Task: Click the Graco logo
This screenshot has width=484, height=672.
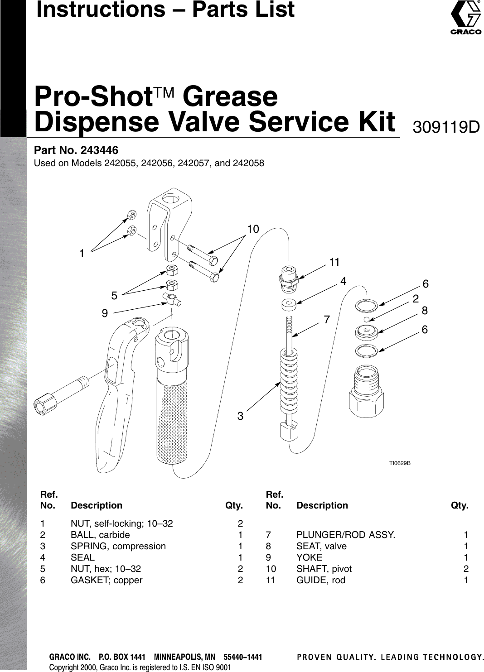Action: [x=465, y=18]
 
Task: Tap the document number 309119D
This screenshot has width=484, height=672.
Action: [x=446, y=127]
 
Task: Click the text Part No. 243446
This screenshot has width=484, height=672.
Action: [x=76, y=150]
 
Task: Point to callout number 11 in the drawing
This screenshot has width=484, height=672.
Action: [x=334, y=262]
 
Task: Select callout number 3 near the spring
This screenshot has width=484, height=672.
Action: [x=241, y=416]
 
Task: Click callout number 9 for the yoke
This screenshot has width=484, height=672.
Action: [x=105, y=313]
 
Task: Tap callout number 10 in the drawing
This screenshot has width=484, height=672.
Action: [x=253, y=230]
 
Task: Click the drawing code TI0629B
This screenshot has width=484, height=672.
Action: [x=400, y=463]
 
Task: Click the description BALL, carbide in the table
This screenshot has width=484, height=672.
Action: [x=100, y=535]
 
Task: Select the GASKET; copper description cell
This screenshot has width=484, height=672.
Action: [x=106, y=580]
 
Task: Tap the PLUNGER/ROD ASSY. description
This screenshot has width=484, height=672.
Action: [x=346, y=535]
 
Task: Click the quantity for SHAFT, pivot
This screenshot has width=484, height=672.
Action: [x=466, y=569]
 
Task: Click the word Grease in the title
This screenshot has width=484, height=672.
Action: [x=231, y=96]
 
